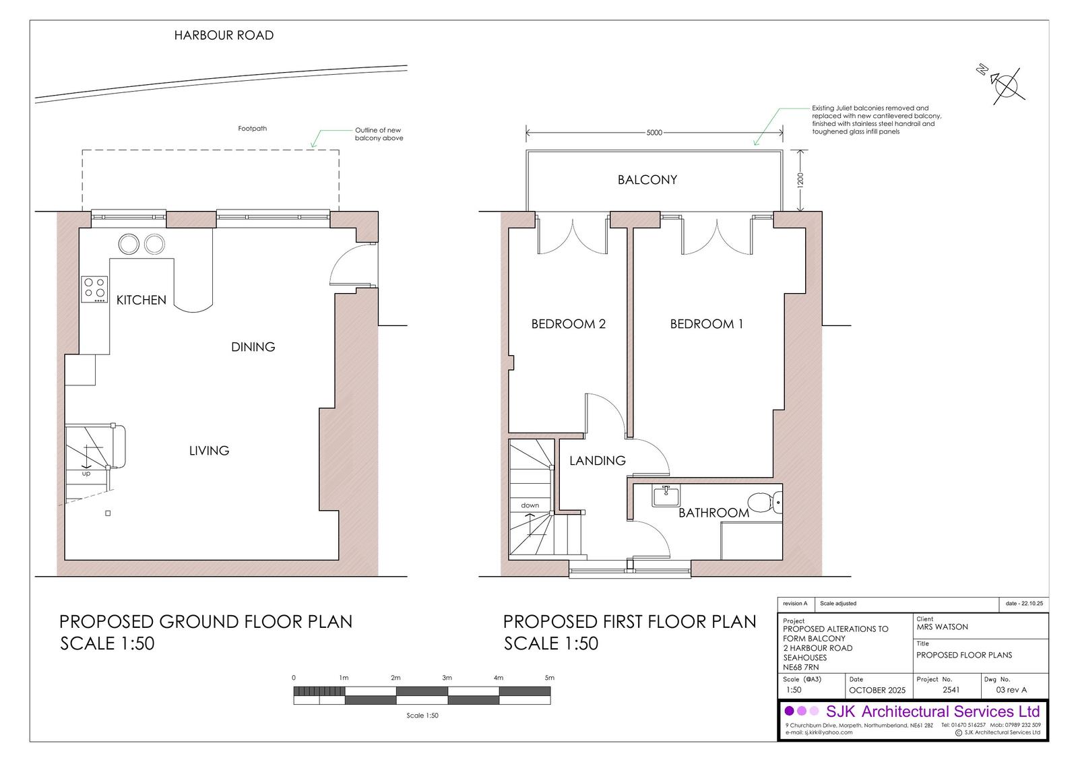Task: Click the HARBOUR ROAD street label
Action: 224,35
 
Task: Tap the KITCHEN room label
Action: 141,300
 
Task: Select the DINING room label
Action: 253,346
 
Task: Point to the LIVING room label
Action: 209,451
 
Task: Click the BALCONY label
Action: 647,179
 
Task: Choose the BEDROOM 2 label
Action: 569,324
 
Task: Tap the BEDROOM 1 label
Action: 707,324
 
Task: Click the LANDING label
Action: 597,461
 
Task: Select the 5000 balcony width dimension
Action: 654,133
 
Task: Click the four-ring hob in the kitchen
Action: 94,289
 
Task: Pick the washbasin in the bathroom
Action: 666,496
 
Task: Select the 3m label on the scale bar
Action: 447,677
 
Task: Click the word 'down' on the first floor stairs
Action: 530,505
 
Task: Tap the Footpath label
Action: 252,129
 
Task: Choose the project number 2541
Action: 951,690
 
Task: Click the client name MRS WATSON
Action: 942,627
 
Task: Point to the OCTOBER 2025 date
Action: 877,691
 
